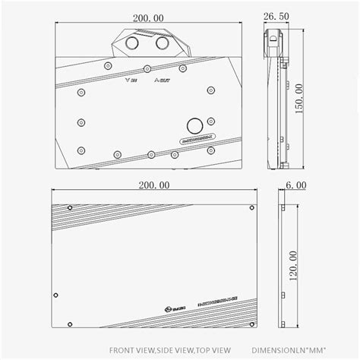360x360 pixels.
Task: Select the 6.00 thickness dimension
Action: point(295,185)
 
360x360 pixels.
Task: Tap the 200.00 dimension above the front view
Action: point(146,15)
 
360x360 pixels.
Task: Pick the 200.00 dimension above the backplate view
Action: point(153,185)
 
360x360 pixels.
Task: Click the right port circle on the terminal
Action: point(162,45)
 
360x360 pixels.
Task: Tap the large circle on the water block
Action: point(194,124)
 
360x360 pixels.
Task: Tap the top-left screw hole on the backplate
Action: point(71,207)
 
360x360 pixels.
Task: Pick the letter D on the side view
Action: point(273,36)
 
